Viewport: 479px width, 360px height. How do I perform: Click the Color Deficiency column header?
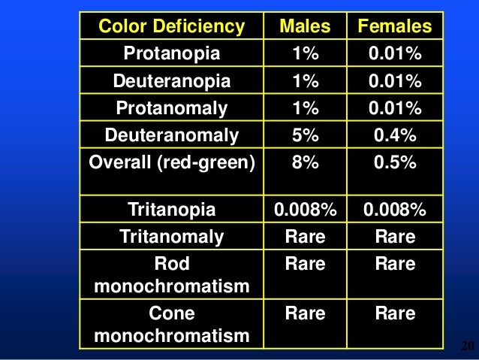tap(172, 28)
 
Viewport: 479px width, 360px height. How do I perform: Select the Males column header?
tap(305, 28)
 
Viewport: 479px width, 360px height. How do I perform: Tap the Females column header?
tap(395, 28)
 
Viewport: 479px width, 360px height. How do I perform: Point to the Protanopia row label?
tap(172, 54)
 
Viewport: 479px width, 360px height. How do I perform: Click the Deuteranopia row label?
tap(172, 81)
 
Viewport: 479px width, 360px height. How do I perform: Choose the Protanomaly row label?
tap(172, 108)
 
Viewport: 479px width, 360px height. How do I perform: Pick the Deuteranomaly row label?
tap(172, 135)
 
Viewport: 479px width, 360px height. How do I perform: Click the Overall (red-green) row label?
tap(172, 162)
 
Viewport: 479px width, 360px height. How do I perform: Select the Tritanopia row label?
tap(172, 210)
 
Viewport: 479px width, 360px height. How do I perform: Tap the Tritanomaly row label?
tap(172, 237)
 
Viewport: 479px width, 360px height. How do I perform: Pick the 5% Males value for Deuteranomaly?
tap(305, 135)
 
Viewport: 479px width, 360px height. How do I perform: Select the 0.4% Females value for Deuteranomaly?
tap(395, 135)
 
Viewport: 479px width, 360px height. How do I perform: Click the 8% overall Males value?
tap(305, 162)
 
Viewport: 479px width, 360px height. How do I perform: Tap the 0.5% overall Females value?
tap(395, 162)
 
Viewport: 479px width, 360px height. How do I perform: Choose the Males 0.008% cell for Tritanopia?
tap(305, 210)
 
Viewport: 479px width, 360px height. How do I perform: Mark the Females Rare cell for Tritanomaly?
tap(395, 237)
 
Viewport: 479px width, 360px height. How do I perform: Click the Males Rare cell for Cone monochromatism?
tap(305, 313)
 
